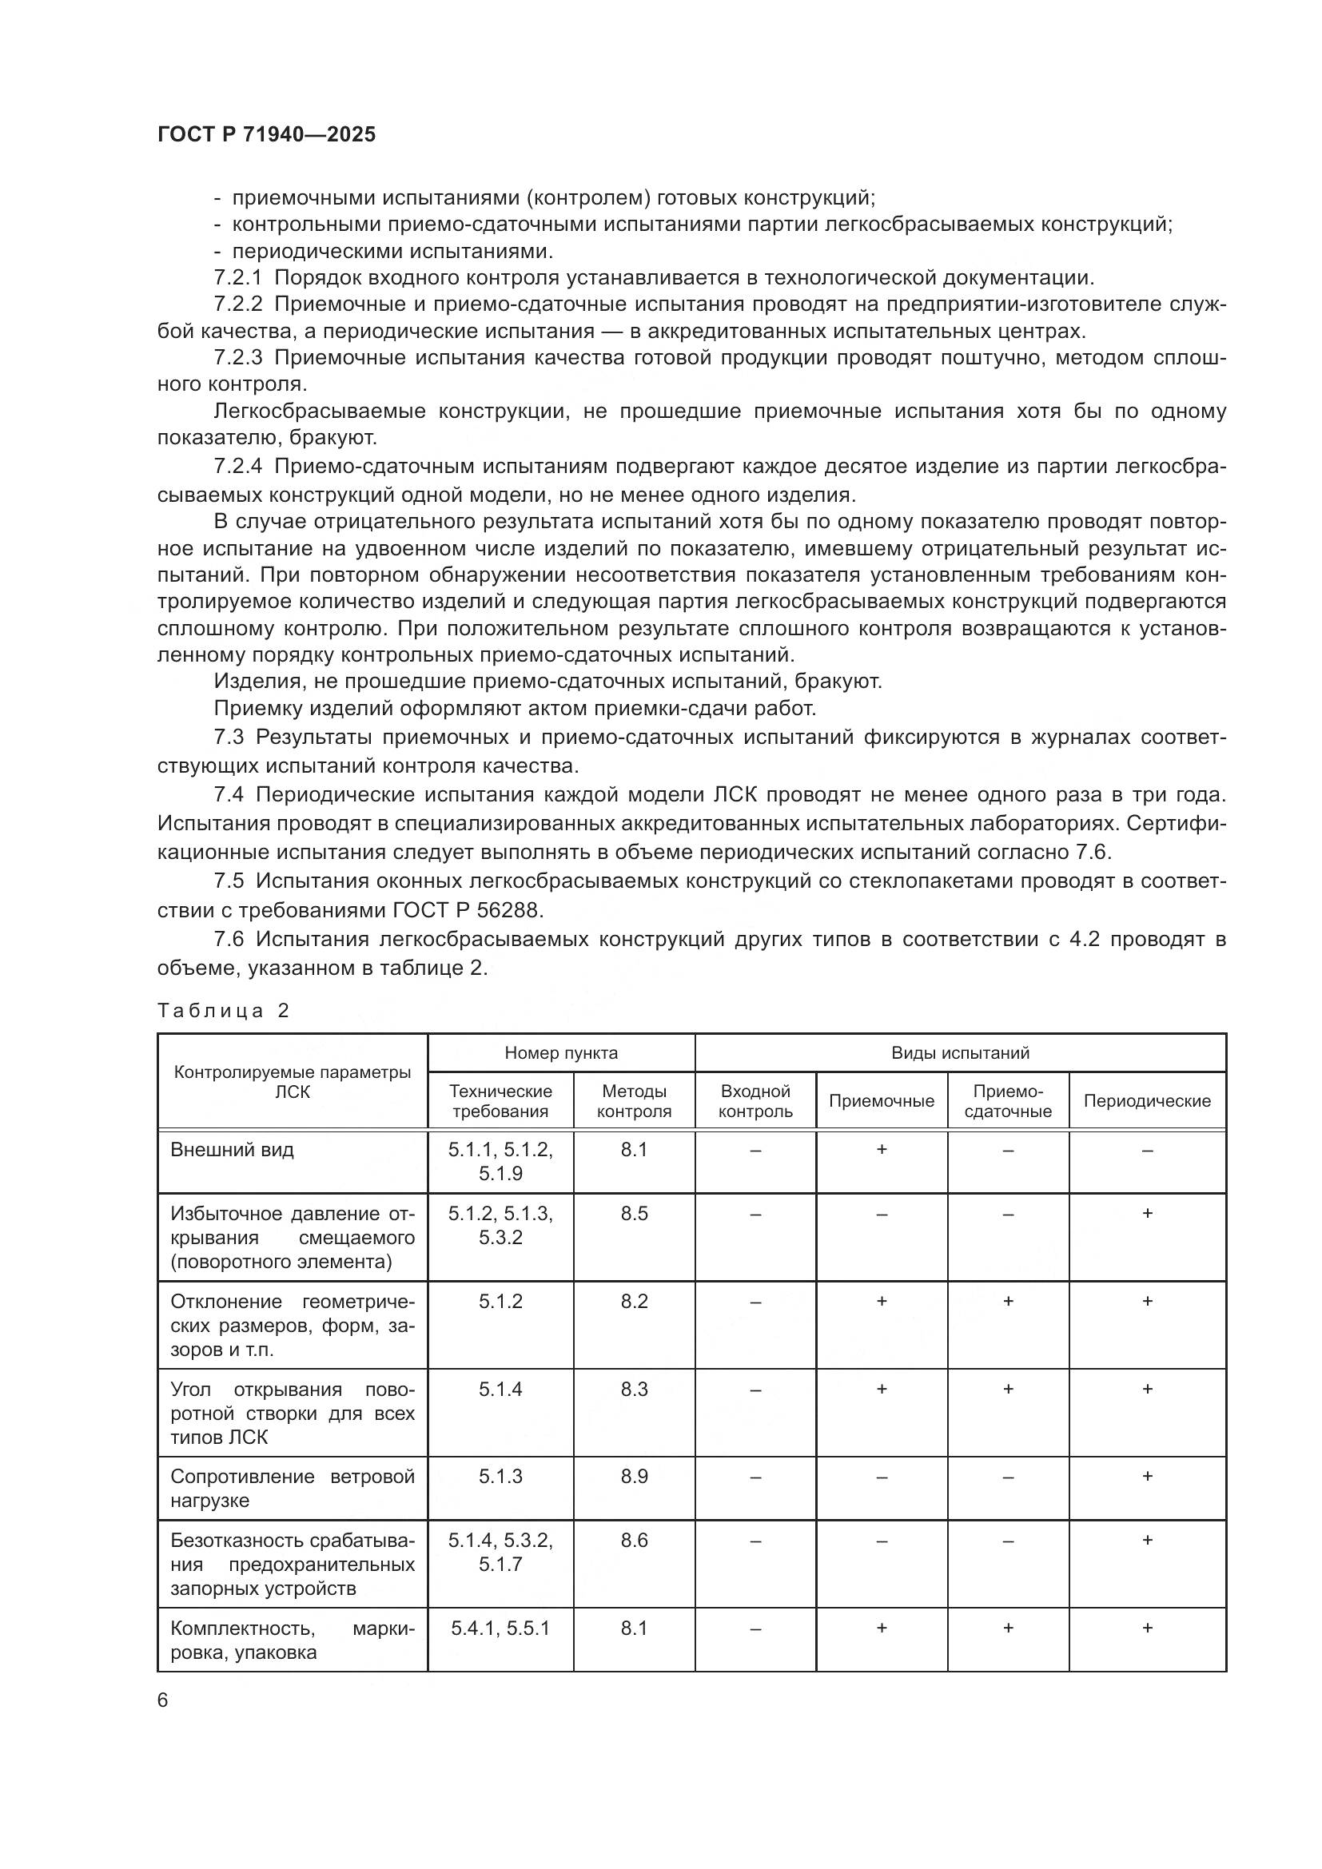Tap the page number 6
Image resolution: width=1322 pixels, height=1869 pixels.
pos(163,1700)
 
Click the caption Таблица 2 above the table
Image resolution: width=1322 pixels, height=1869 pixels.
pos(223,1011)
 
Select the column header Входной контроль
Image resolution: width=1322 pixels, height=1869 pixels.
pos(755,1100)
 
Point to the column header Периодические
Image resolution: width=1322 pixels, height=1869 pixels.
pos(1146,1100)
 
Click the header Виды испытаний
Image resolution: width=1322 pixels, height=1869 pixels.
pos(960,1052)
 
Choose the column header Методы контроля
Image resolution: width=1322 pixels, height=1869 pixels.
pos(633,1100)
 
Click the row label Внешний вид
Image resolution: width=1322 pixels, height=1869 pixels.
pos(232,1150)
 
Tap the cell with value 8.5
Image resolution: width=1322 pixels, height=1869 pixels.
pos(633,1214)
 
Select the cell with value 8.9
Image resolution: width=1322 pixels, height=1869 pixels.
pos(633,1477)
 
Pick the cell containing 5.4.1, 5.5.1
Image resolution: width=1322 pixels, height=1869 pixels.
pos(500,1628)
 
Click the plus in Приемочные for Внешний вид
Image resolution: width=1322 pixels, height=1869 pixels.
pos(881,1149)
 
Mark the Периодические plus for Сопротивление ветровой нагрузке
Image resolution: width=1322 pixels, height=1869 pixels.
pos(1146,1476)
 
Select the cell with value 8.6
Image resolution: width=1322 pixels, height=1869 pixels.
pos(633,1540)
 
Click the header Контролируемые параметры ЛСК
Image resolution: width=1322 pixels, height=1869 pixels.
pos(292,1081)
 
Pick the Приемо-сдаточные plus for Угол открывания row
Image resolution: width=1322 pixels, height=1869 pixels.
pos(1007,1389)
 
